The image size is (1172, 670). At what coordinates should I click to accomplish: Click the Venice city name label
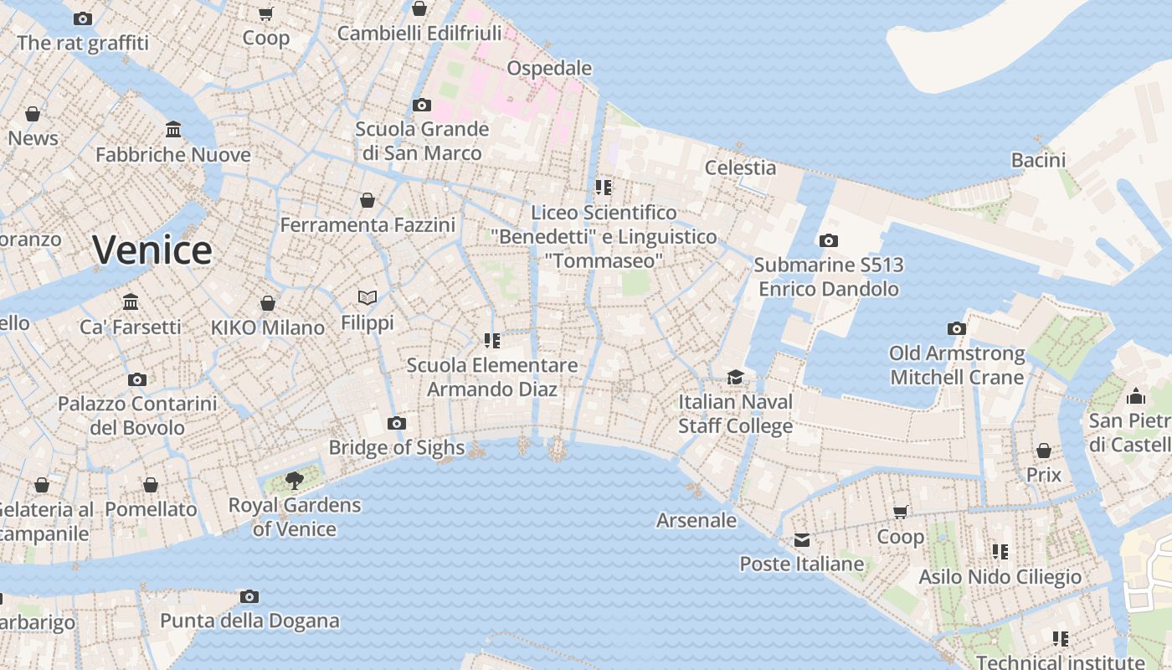pos(152,250)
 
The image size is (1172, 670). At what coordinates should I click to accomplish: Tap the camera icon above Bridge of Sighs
pos(397,424)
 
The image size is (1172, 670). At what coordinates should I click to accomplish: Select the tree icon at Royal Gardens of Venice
pos(294,480)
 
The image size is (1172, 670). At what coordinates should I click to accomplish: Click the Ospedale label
pos(549,69)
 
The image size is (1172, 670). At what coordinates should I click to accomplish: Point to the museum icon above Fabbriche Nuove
pos(173,130)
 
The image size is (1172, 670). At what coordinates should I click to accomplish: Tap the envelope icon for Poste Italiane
pos(802,539)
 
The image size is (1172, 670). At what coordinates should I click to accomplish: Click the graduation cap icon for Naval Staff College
pos(735,378)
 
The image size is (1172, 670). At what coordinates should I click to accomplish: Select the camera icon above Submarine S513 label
pos(828,241)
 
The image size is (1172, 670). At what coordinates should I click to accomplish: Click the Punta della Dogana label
pos(249,621)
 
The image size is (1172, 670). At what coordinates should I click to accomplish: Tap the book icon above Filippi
pos(367,297)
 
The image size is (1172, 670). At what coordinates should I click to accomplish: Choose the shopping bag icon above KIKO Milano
pos(268,303)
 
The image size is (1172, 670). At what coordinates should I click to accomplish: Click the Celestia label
pos(740,167)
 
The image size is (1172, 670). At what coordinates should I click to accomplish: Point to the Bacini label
pos(1038,160)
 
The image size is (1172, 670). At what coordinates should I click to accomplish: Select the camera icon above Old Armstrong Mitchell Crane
pos(956,328)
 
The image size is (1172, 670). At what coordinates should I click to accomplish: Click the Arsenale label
pos(697,520)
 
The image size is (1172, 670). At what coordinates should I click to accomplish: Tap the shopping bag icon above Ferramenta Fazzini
pos(367,200)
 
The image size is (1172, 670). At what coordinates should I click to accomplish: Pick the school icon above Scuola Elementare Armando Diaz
pos(491,340)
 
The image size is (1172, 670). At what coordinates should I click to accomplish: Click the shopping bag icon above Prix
pos(1043,451)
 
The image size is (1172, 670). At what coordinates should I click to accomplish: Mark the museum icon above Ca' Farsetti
pos(131,301)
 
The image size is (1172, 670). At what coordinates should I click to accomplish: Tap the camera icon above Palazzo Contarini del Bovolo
pos(137,379)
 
